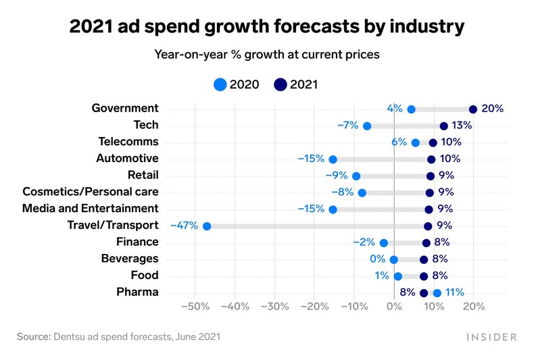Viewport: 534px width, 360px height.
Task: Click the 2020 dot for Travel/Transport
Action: click(207, 226)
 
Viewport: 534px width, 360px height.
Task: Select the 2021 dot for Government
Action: click(473, 109)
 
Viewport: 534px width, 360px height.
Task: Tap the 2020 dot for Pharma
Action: click(437, 292)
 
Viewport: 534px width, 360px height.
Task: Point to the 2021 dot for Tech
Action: click(444, 126)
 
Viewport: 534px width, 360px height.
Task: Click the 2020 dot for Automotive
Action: click(333, 159)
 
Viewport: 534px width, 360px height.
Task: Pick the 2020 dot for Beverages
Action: click(394, 259)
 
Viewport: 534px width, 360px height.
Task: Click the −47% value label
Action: click(184, 226)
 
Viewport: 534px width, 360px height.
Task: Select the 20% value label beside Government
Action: click(492, 109)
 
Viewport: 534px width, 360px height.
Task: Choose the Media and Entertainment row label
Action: click(91, 209)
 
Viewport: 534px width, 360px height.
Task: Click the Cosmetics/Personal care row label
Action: click(91, 192)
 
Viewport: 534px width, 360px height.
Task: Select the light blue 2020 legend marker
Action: click(220, 85)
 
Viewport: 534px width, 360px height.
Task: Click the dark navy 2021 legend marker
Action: click(281, 85)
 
